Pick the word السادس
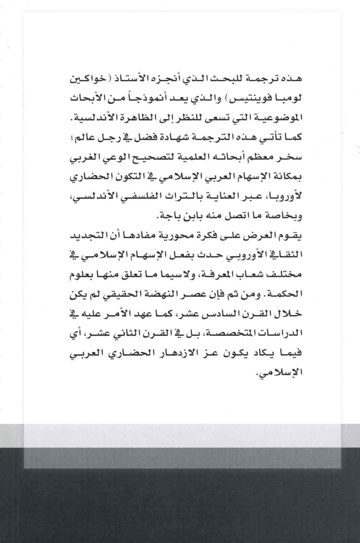click(217, 314)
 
